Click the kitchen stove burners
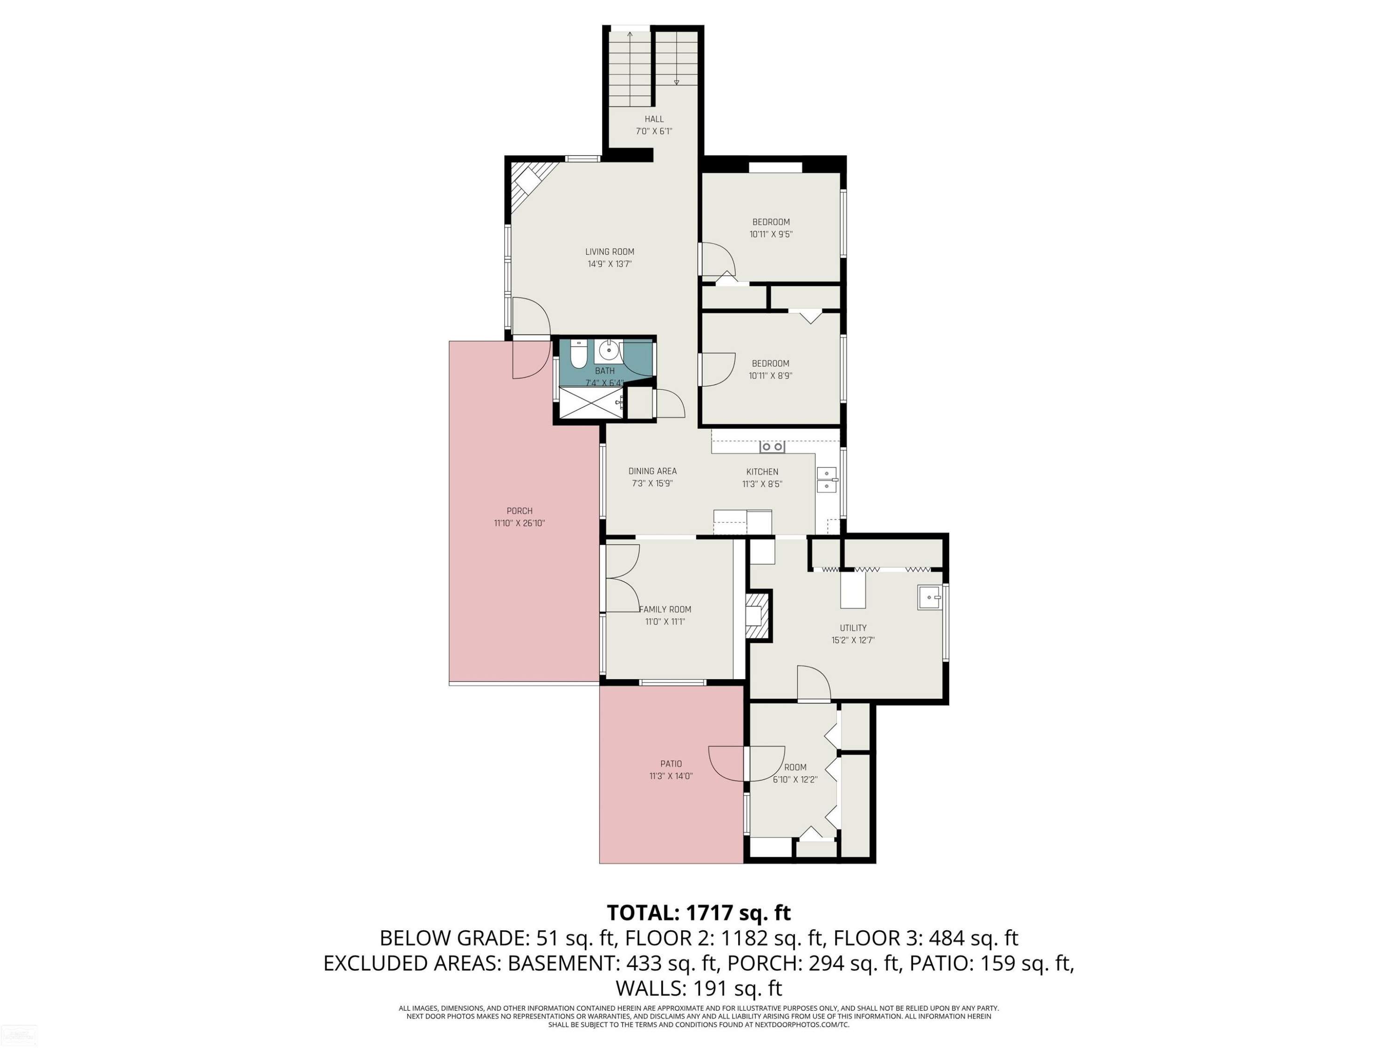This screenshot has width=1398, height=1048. (x=772, y=447)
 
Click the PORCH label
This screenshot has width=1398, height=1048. (x=520, y=511)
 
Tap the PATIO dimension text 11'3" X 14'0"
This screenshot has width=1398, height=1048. (x=671, y=776)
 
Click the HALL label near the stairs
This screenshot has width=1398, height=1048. (x=654, y=119)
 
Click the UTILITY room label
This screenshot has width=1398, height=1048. (x=853, y=628)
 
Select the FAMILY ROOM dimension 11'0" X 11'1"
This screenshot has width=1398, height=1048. (x=665, y=622)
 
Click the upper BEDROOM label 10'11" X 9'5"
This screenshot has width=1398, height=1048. (x=771, y=222)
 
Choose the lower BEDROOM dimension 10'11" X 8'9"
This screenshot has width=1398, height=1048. (x=770, y=376)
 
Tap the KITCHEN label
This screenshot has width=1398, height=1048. (x=762, y=472)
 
